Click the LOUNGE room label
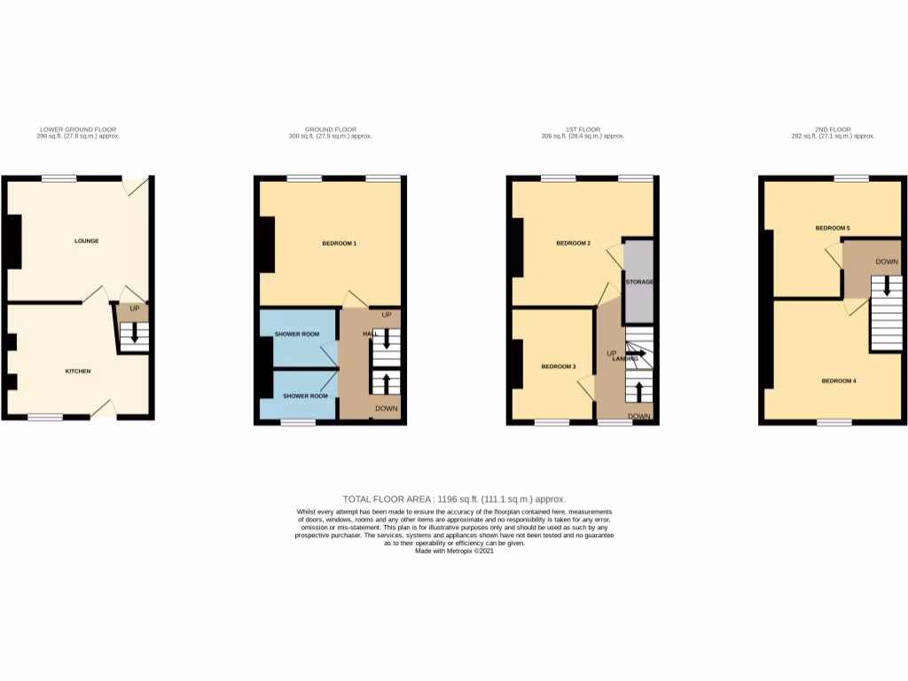[x=86, y=240]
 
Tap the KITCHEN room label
[x=78, y=371]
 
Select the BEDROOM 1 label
[x=338, y=242]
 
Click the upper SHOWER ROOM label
[x=297, y=334]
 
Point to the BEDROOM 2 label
[x=573, y=243]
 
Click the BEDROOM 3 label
[x=559, y=366]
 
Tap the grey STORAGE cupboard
[x=639, y=282]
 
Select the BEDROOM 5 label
[x=833, y=228]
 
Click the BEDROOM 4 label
[x=839, y=381]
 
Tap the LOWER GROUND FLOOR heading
[x=78, y=129]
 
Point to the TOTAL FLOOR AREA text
[x=454, y=499]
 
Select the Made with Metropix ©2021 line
[x=454, y=551]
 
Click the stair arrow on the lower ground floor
[x=134, y=333]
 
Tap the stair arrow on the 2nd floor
[x=886, y=286]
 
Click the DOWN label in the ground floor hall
[x=386, y=409]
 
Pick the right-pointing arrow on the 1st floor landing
[x=637, y=353]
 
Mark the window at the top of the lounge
[x=59, y=178]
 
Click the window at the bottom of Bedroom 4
[x=834, y=423]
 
